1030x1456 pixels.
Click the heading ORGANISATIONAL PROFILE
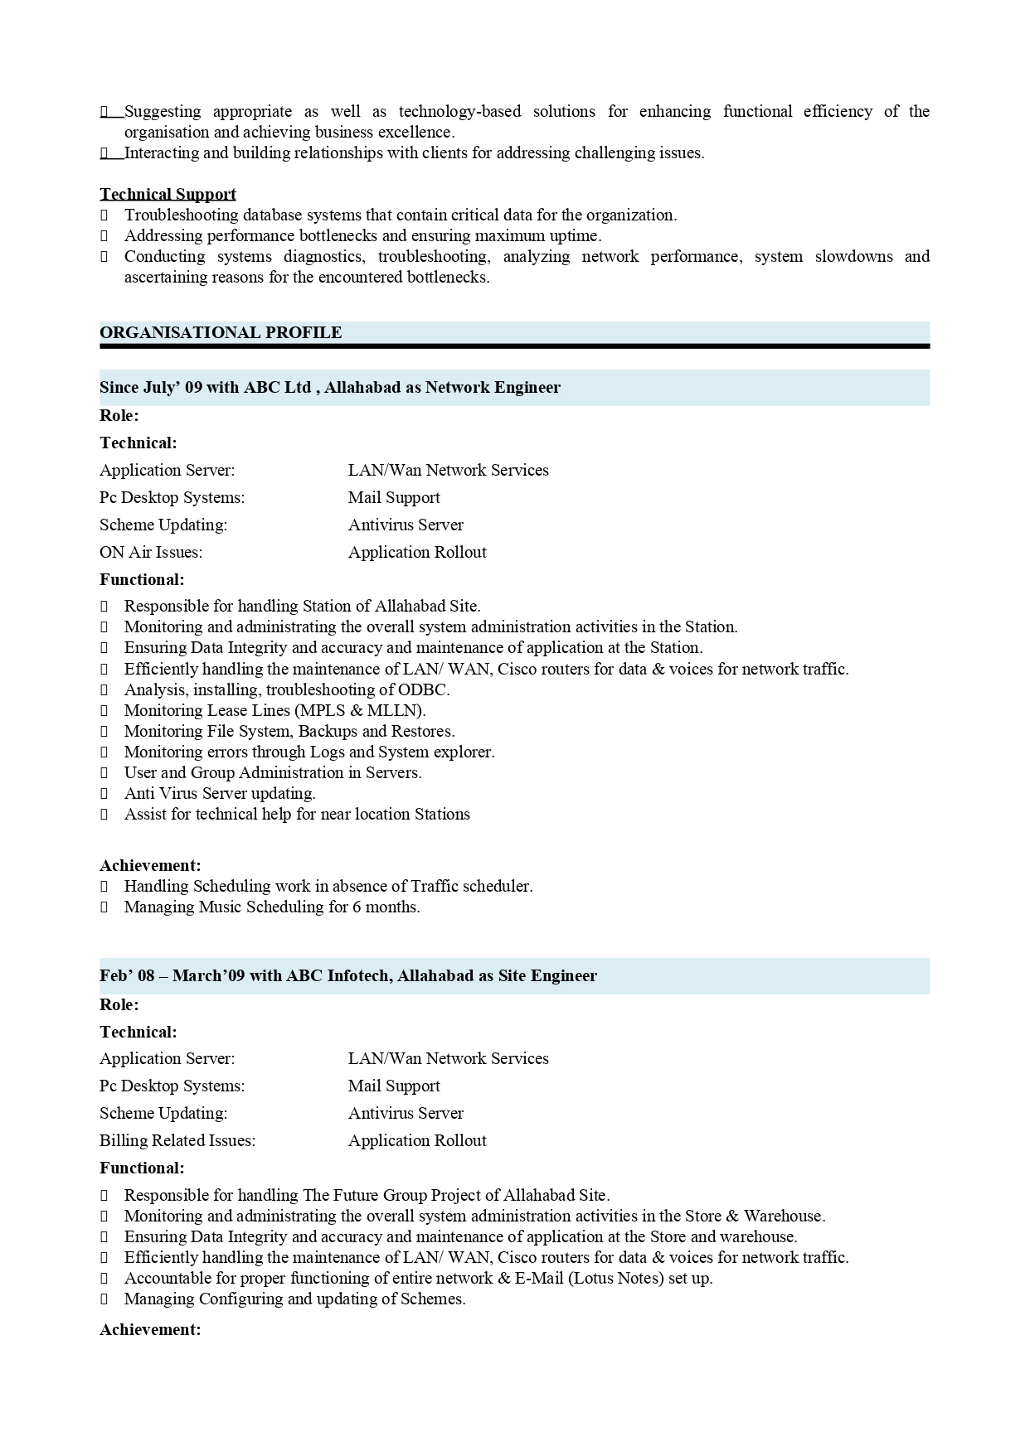pos(221,332)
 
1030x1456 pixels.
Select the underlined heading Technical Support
pos(168,194)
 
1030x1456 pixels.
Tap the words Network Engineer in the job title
pos(493,387)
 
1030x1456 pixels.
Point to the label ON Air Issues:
pos(151,552)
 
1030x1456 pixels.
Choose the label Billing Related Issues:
pos(177,1140)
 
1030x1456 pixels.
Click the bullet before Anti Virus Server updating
pos(104,793)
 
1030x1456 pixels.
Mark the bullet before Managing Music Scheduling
pos(104,907)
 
